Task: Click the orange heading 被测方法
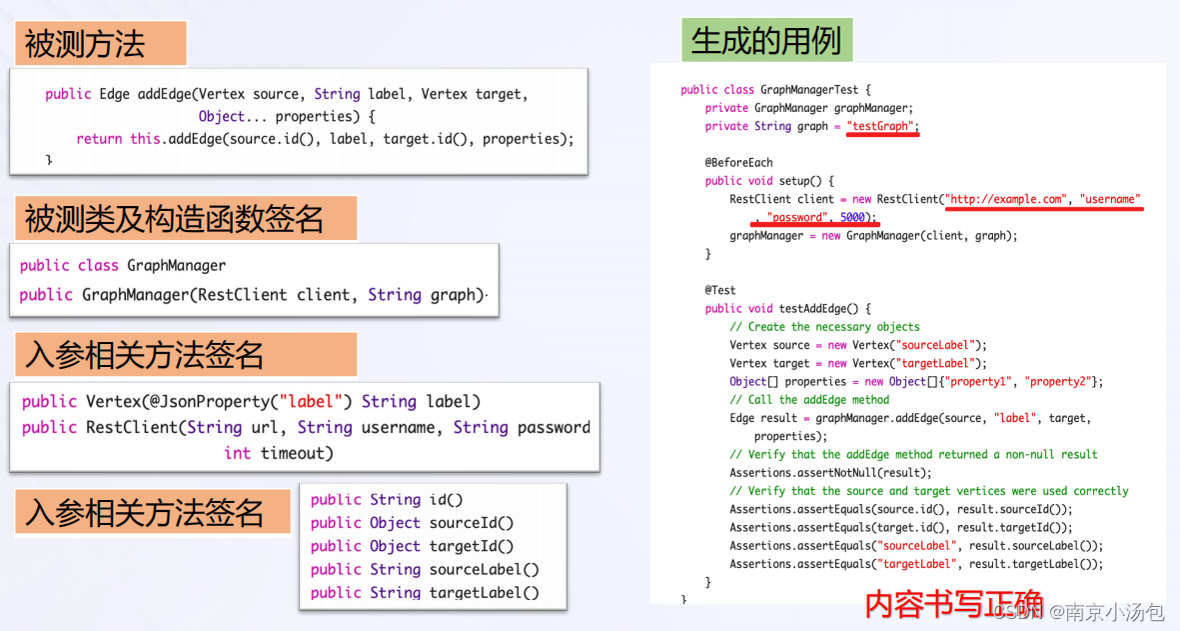[85, 44]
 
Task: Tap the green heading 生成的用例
[767, 41]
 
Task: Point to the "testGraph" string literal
[882, 126]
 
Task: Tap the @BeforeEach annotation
[738, 162]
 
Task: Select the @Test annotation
[720, 290]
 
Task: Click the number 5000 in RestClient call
[852, 217]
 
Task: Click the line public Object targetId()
[412, 546]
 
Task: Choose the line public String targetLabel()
[425, 593]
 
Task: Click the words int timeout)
[279, 453]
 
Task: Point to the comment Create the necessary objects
[824, 327]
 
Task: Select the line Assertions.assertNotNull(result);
[830, 473]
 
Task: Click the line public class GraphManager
[123, 265]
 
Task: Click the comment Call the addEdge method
[809, 400]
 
